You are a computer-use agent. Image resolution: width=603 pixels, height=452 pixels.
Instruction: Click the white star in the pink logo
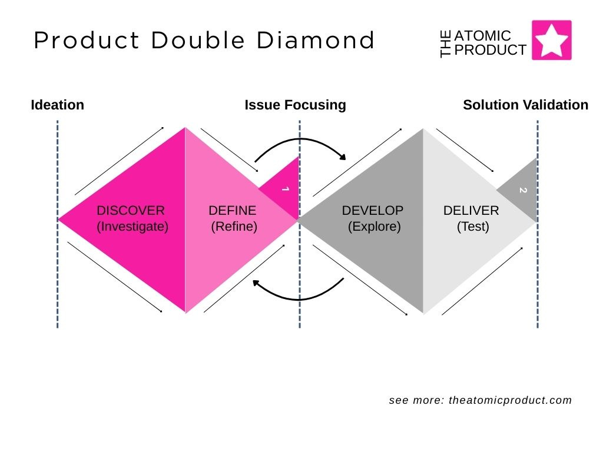[552, 40]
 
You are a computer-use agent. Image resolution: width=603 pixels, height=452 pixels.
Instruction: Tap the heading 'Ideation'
[57, 105]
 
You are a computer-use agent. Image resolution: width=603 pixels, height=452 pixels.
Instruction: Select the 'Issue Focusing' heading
[295, 105]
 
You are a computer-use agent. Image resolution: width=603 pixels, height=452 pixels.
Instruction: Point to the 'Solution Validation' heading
[525, 105]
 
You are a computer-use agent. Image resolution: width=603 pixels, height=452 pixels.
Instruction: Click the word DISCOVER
[131, 210]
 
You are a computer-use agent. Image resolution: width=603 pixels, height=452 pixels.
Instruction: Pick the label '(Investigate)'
[132, 226]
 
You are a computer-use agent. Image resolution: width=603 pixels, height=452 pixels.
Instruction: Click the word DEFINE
[233, 210]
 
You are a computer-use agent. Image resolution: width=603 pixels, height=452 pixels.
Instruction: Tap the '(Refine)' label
[234, 226]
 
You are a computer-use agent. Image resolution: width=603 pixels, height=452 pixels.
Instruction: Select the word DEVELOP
[373, 210]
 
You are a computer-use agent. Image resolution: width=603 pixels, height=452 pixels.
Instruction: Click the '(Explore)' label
[375, 226]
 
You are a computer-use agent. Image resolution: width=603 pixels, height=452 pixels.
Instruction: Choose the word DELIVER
[471, 210]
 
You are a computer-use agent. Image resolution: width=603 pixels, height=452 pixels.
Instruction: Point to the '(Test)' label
[473, 226]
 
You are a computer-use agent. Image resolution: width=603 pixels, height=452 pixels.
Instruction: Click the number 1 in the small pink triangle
[286, 189]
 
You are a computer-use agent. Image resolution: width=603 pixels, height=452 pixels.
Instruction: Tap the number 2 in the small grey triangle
[522, 190]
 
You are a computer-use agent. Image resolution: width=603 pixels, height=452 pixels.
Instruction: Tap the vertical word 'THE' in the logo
[446, 45]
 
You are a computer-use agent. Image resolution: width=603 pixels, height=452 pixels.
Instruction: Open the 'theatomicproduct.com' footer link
[510, 400]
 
